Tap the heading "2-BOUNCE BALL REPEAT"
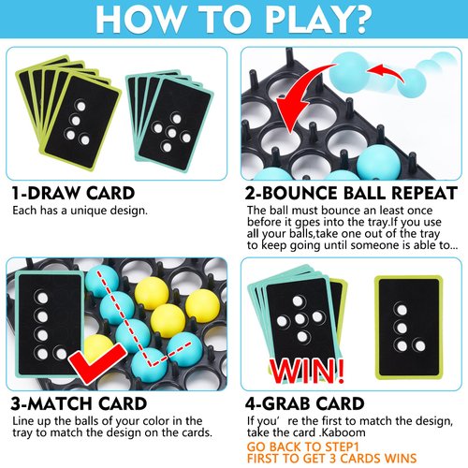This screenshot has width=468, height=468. (x=350, y=193)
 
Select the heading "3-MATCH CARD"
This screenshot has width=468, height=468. (x=79, y=404)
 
